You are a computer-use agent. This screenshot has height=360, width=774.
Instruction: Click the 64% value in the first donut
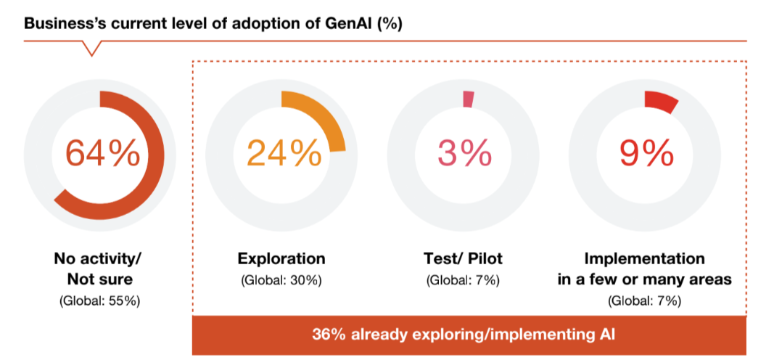pyautogui.click(x=102, y=153)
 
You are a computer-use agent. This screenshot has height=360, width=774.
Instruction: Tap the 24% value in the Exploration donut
pyautogui.click(x=283, y=153)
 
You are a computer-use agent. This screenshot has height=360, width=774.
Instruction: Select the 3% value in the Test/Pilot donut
pyautogui.click(x=464, y=153)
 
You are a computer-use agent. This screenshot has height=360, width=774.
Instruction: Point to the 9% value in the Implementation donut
pyautogui.click(x=645, y=153)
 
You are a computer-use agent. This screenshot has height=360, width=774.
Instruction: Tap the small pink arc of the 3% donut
pyautogui.click(x=468, y=99)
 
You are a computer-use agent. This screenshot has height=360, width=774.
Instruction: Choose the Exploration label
pyautogui.click(x=281, y=258)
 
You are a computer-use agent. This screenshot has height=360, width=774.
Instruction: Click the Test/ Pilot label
pyautogui.click(x=463, y=258)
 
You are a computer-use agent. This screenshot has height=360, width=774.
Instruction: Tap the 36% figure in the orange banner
pyautogui.click(x=326, y=335)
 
